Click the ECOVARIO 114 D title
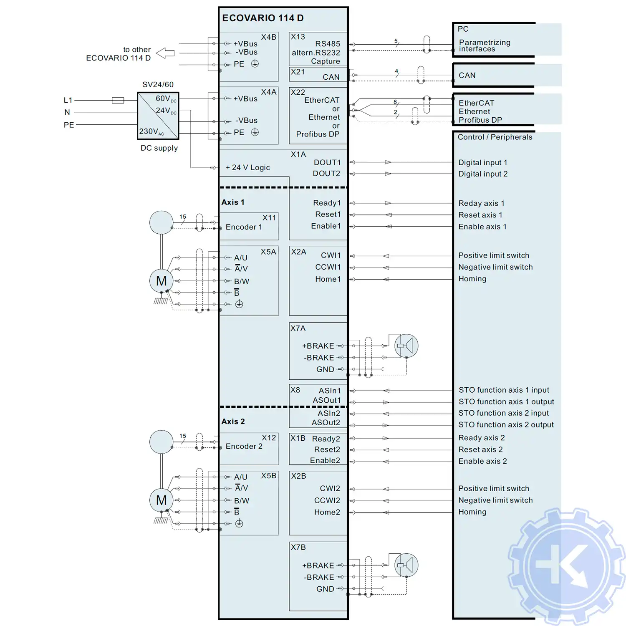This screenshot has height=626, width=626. click(x=263, y=18)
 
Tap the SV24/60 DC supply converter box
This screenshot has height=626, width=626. click(x=158, y=116)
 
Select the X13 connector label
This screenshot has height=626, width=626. click(x=298, y=37)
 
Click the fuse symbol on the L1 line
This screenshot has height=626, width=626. click(x=118, y=100)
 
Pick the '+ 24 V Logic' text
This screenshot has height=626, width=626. click(x=248, y=167)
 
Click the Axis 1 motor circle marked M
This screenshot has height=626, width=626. click(x=162, y=281)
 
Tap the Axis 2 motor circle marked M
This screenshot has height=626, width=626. click(x=162, y=500)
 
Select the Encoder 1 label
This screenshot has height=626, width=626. click(x=244, y=227)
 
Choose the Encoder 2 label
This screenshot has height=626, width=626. click(x=244, y=446)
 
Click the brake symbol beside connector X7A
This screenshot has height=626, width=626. click(x=406, y=346)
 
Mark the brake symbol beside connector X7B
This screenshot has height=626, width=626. click(x=406, y=565)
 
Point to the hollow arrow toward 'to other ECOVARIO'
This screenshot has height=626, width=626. click(x=165, y=53)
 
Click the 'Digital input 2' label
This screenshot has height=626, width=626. click(x=483, y=174)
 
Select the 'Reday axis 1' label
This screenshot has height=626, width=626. click(x=481, y=203)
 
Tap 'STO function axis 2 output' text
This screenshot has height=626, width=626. click(x=506, y=425)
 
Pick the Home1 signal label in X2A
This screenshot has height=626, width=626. click(x=328, y=279)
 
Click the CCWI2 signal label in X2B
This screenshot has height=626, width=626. click(x=327, y=500)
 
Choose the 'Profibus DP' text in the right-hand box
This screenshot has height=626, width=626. click(x=480, y=120)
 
